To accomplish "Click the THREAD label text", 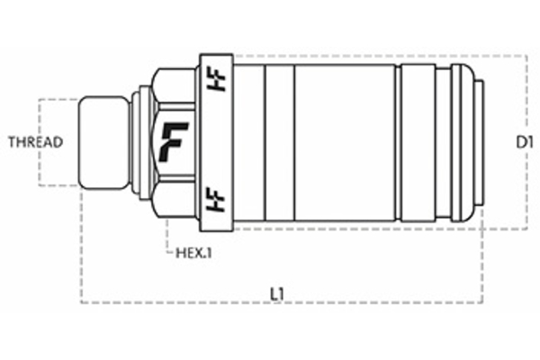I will point(34,142).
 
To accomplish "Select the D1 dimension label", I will point(526,142).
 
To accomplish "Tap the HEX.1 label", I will point(193,253).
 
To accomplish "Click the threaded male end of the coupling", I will point(103,142).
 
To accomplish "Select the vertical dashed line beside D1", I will point(526,99).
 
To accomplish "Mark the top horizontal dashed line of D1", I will point(378,56).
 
